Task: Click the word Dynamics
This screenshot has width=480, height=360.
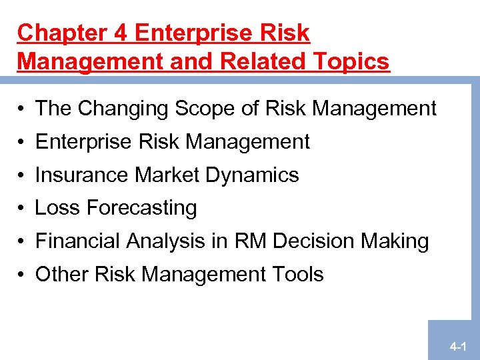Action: tap(252, 175)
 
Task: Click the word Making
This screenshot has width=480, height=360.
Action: tap(396, 241)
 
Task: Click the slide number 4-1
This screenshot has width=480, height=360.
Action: tap(457, 347)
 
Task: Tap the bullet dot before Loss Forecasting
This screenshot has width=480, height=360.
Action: tap(22, 209)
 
